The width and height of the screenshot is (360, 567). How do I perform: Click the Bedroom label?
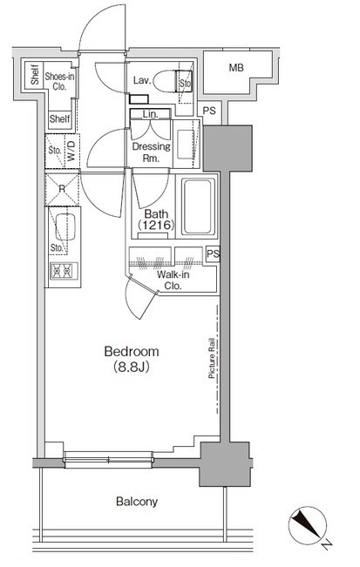coord(132,351)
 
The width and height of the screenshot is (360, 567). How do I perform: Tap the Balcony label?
coord(137,502)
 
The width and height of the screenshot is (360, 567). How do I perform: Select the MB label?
coord(236,68)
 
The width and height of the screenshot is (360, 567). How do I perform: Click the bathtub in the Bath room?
coord(197,206)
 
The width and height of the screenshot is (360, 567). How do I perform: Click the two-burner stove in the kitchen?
coord(64,271)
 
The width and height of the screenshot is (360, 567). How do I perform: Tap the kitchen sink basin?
coord(65,226)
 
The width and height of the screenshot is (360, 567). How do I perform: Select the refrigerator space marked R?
coord(62,190)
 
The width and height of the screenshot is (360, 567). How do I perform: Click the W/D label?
coord(71,152)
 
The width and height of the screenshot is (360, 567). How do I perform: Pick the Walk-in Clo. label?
coord(173,280)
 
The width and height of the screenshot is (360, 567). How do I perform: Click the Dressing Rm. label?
coord(152,152)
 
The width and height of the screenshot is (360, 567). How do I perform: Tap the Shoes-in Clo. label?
coord(59,81)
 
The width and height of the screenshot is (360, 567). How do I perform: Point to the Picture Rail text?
coord(212,358)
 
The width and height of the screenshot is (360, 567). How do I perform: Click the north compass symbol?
coord(308,524)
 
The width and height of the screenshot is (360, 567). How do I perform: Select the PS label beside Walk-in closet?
coord(213,253)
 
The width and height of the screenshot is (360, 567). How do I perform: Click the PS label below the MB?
coord(209,111)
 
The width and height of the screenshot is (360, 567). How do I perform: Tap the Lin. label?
coord(150,114)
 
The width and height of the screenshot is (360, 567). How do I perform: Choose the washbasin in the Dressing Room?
coord(187,143)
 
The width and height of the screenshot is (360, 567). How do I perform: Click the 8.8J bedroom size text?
coord(132,368)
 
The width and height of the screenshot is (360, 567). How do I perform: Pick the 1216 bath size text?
coord(156,226)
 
